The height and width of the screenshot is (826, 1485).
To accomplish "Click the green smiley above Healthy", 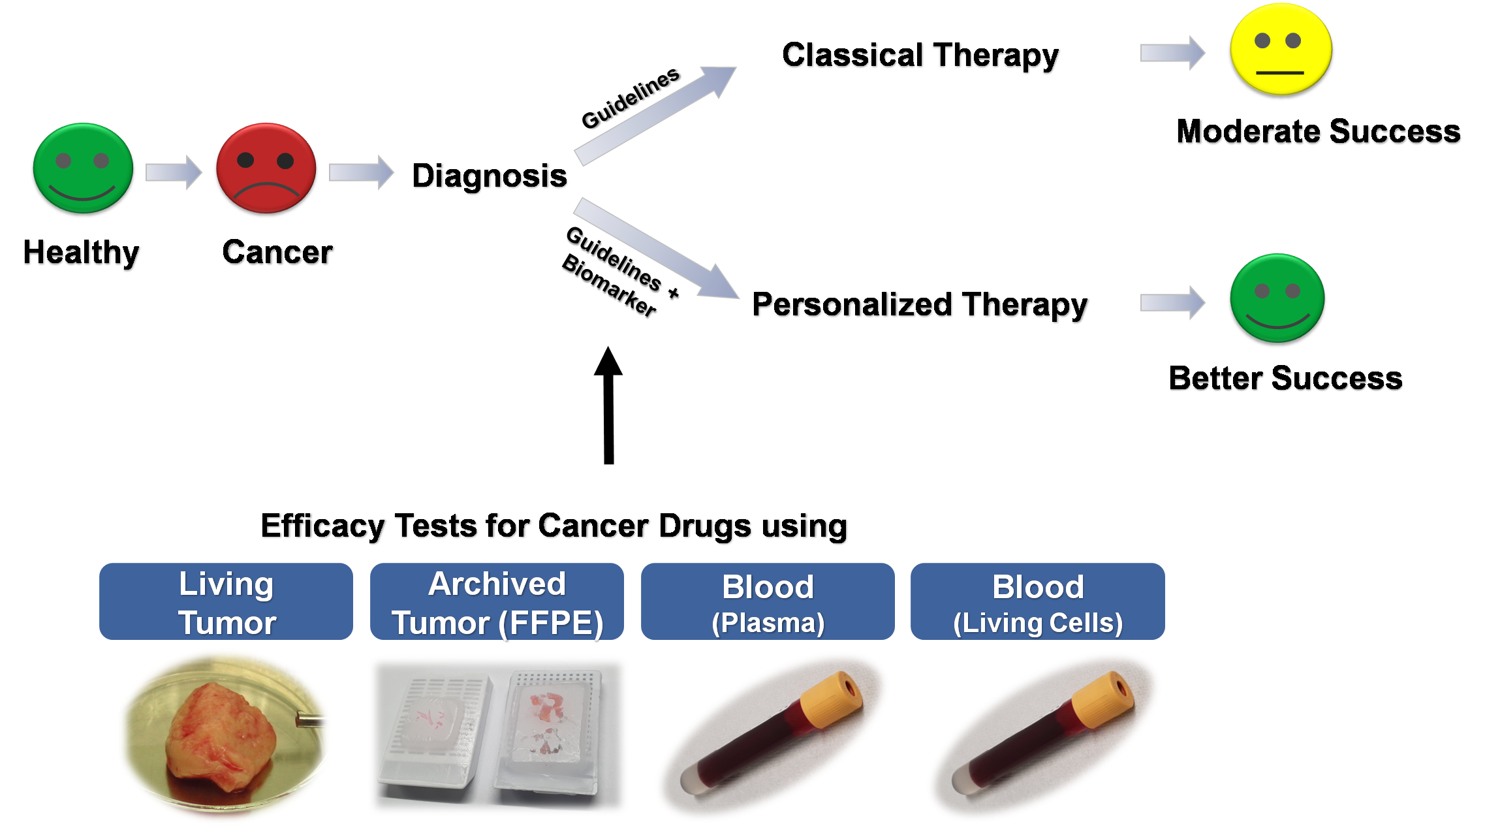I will tap(83, 170).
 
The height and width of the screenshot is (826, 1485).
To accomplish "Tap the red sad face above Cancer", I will tap(266, 170).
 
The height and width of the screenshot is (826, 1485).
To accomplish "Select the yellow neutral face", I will tap(1280, 51).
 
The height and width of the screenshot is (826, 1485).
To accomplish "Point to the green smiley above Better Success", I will tap(1277, 300).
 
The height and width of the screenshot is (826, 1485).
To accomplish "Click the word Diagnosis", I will tap(490, 176).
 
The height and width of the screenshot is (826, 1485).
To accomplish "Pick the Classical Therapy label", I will tap(921, 56).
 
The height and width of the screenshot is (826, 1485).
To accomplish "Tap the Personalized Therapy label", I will tap(920, 306).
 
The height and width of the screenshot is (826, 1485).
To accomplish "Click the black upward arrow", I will tap(608, 405).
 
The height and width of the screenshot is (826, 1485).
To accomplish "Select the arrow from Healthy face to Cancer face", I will tap(174, 172).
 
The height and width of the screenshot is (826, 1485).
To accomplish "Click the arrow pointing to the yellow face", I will tap(1172, 53).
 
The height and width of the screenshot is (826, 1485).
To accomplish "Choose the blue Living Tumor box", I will tap(226, 601).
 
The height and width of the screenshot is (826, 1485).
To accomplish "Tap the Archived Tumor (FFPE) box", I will tap(497, 601).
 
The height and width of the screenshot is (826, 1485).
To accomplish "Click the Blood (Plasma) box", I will tap(768, 601).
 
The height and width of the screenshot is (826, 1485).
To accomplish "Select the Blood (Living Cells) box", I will tap(1038, 601).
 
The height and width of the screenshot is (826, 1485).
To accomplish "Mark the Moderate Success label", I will tap(1319, 133).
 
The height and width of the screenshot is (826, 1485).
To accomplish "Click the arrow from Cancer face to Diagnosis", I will tap(361, 172).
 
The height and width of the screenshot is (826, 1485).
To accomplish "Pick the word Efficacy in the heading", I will tap(324, 526).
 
